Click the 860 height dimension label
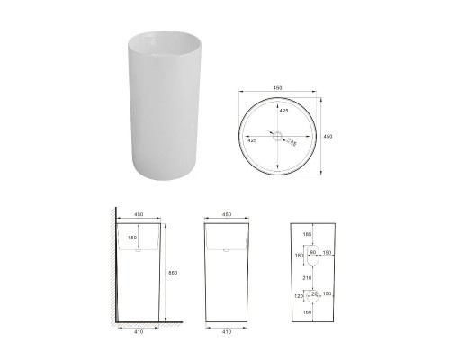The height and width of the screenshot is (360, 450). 161,273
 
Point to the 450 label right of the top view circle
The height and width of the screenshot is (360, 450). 327,137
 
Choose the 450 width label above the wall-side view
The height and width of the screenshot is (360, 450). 138,215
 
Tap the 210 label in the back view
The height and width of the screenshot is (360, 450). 308,279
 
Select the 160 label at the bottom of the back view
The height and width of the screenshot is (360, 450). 308,313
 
